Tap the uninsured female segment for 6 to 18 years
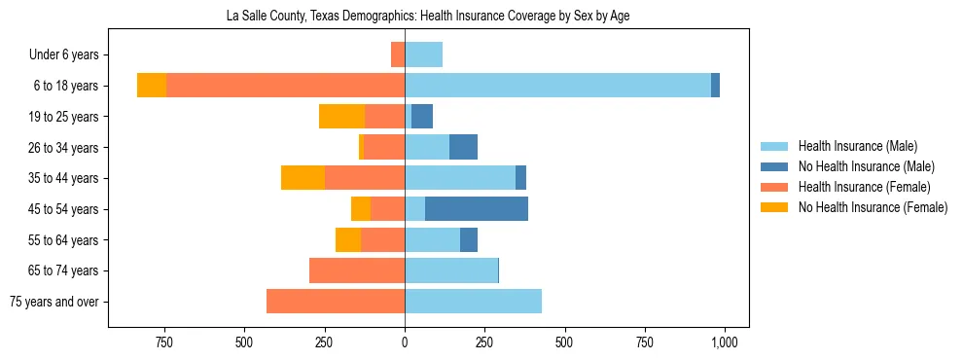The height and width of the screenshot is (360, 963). [x=152, y=86]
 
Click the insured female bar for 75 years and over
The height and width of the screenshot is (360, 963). [x=336, y=302]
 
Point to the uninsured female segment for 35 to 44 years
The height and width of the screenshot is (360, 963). [x=303, y=178]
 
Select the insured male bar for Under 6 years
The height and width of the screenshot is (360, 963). [x=423, y=54]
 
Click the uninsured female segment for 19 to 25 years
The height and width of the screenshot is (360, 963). [x=341, y=117]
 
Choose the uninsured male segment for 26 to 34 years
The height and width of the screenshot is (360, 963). [x=463, y=147]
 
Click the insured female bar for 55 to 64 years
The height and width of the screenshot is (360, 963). [x=383, y=239]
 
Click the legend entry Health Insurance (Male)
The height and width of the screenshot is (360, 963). [x=857, y=147]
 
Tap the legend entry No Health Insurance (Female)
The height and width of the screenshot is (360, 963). [x=873, y=207]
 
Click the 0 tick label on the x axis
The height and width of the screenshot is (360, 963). [x=405, y=342]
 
